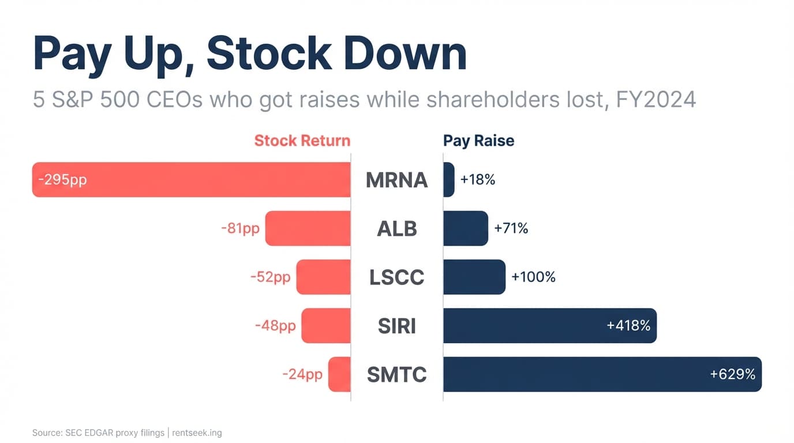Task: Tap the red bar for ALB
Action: [308, 228]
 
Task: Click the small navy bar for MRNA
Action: [448, 179]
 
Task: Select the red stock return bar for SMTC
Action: [339, 374]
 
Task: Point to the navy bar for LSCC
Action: [474, 277]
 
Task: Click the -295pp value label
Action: [62, 179]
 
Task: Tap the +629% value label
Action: [732, 374]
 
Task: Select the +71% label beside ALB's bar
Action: [511, 228]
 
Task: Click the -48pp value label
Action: [275, 326]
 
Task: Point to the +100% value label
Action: [533, 277]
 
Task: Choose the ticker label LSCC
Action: [396, 277]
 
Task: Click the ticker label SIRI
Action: [396, 326]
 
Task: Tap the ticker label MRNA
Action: [396, 180]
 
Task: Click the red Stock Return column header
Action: [302, 141]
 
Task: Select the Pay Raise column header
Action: [478, 141]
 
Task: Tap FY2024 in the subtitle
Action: [656, 100]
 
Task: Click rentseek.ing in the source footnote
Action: [197, 433]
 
